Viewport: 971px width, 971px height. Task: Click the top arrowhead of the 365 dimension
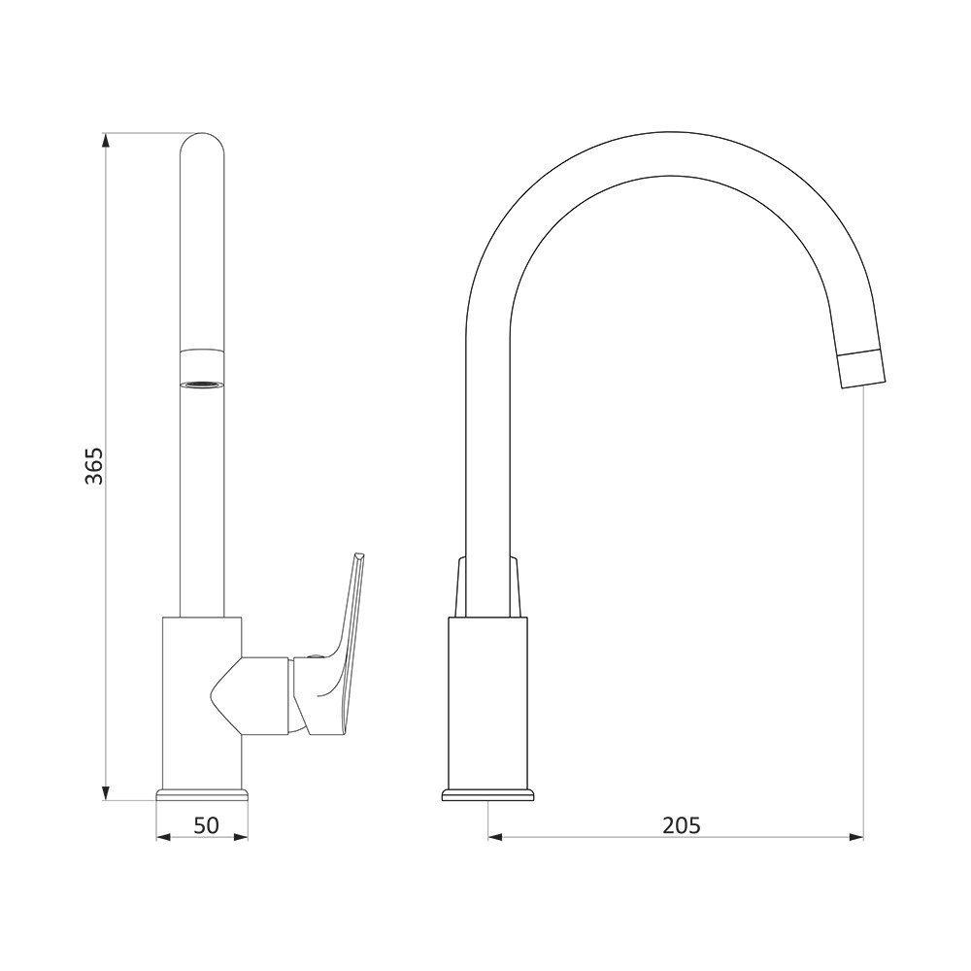pos(106,141)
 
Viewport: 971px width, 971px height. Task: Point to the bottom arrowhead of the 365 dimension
pos(106,792)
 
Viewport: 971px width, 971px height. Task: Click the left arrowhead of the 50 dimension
pos(163,838)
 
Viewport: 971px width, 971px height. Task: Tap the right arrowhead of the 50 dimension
pos(240,838)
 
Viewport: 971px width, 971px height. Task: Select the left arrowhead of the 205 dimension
pos(496,838)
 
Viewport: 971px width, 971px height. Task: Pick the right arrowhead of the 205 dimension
pos(855,838)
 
